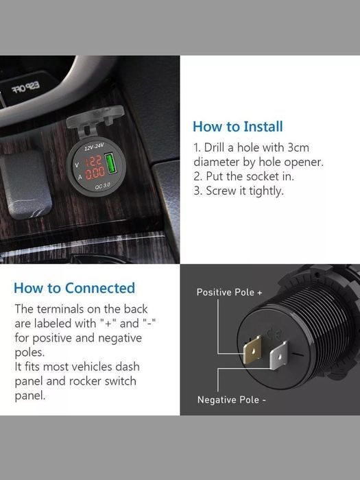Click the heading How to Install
(x=237, y=126)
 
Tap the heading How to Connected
(x=74, y=288)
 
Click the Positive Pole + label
(x=230, y=292)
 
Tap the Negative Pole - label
(x=230, y=400)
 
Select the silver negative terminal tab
(x=279, y=357)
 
